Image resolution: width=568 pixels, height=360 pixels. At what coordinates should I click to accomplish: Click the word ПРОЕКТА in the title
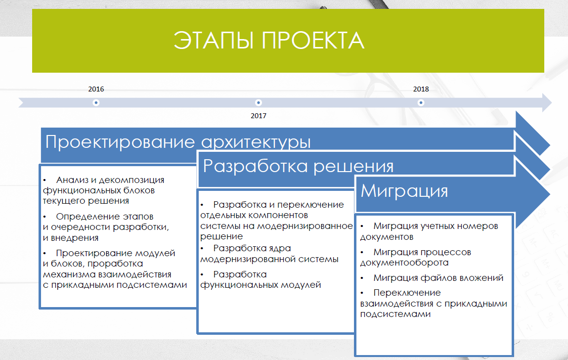pyautogui.click(x=313, y=40)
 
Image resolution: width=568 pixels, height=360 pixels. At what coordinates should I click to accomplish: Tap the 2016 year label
pyautogui.click(x=96, y=90)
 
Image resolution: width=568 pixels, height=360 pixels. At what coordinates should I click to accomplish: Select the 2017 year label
pyautogui.click(x=258, y=116)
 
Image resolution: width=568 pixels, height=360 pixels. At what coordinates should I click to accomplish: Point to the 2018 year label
pyautogui.click(x=421, y=89)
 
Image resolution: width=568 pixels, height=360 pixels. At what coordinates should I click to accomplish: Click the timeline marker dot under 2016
pyautogui.click(x=96, y=103)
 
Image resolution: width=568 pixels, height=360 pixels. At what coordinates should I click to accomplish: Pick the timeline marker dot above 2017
pyautogui.click(x=258, y=103)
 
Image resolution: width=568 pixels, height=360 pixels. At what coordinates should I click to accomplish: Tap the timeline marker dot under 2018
pyautogui.click(x=421, y=103)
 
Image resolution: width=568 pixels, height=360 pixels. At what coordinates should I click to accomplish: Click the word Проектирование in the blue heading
pyautogui.click(x=120, y=142)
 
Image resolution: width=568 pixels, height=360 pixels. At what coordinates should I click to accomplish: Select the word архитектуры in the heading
pyautogui.click(x=256, y=142)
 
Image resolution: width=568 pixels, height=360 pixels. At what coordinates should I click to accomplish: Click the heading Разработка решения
pyautogui.click(x=299, y=166)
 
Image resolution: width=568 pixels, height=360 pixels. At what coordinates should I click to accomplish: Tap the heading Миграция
pyautogui.click(x=404, y=190)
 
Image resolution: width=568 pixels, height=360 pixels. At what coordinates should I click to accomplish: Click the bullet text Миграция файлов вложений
pyautogui.click(x=438, y=278)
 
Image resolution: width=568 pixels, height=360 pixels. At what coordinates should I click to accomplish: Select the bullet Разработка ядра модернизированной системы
pyautogui.click(x=269, y=254)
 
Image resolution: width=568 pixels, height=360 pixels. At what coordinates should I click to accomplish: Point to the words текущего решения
pyautogui.click(x=86, y=201)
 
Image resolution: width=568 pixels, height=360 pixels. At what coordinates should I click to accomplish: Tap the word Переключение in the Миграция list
pyautogui.click(x=407, y=293)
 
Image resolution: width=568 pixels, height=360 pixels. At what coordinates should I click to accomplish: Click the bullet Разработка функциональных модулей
pyautogui.click(x=261, y=279)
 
